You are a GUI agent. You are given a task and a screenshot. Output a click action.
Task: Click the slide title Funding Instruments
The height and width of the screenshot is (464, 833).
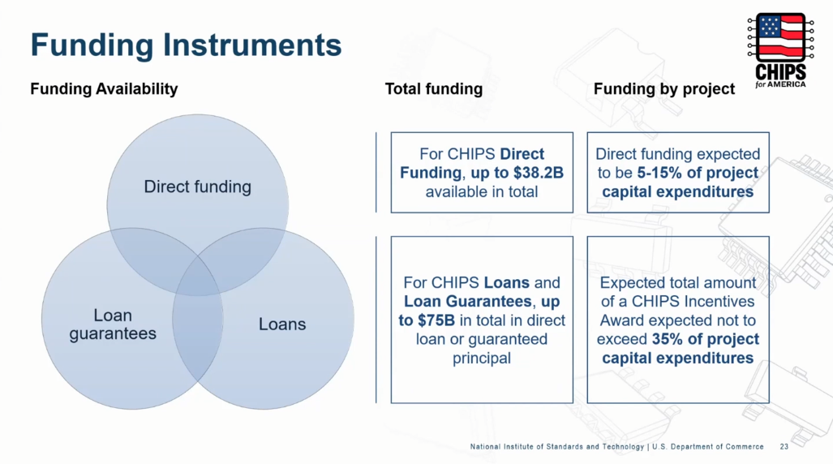[186, 45]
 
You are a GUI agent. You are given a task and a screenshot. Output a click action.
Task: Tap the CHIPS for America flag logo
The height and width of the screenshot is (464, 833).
[780, 50]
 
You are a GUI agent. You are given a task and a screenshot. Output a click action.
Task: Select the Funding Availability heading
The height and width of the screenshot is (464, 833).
[104, 88]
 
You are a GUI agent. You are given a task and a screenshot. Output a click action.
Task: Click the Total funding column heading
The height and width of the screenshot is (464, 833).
[433, 88]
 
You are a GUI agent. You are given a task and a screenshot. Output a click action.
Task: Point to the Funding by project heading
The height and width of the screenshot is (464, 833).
[664, 88]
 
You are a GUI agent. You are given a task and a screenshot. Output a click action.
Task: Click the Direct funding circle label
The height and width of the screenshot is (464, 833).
[198, 187]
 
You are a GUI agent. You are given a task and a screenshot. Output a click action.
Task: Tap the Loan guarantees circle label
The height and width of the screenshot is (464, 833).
[113, 324]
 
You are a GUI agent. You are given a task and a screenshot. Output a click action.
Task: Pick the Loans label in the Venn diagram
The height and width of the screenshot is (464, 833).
[282, 324]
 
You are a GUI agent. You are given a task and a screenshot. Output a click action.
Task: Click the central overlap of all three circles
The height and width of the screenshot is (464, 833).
[198, 275]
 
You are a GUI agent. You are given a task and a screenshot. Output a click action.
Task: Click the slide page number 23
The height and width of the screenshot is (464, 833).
[784, 447]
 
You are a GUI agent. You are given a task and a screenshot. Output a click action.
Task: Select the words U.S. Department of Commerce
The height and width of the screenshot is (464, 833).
[707, 447]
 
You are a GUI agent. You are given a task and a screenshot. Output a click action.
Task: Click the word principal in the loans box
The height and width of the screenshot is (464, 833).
[481, 359]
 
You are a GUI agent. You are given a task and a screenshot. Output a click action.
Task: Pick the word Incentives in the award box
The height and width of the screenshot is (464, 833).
[719, 302]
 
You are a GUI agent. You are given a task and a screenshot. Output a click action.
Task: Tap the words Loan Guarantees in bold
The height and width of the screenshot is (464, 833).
[467, 302]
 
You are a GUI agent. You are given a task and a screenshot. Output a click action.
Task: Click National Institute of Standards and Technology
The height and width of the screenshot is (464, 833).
[556, 447]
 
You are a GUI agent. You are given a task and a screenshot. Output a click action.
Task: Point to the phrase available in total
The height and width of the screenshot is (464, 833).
[481, 192]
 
